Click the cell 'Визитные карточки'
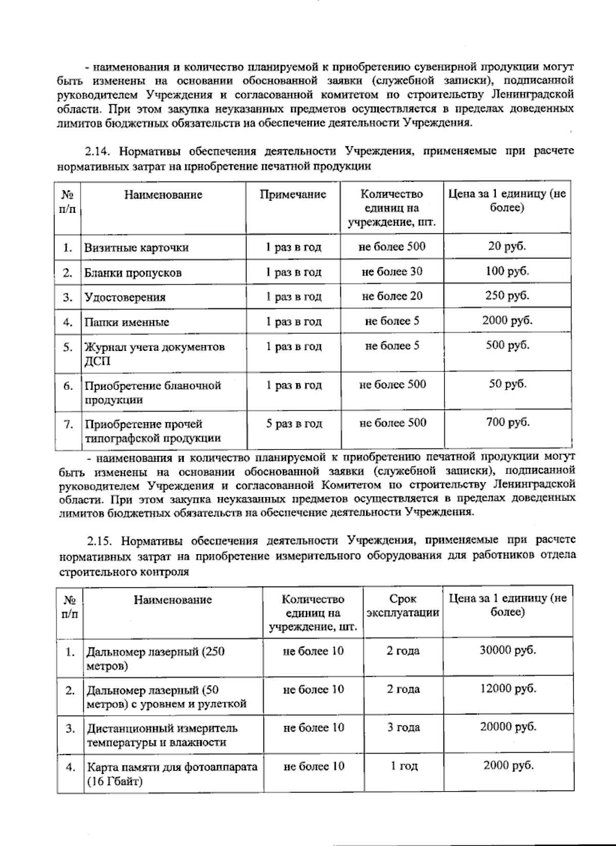click(137, 248)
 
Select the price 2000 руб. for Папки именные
click(507, 321)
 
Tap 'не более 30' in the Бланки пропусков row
click(392, 272)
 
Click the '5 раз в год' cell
click(294, 424)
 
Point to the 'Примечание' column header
click(293, 194)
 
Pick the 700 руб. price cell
click(507, 423)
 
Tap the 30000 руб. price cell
click(507, 650)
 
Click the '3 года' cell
click(403, 727)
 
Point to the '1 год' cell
click(403, 766)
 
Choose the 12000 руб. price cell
click(507, 688)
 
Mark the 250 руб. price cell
click(507, 296)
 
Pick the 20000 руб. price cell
click(507, 726)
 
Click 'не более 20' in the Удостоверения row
click(392, 296)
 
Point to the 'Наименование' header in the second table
click(172, 600)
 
